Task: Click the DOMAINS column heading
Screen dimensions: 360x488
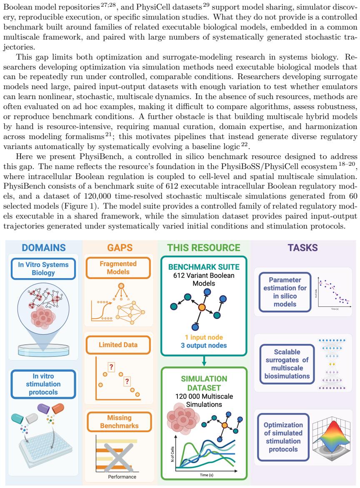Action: coord(44,248)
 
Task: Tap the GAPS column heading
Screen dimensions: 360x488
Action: coord(120,248)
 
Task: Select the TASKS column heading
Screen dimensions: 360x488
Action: coord(302,248)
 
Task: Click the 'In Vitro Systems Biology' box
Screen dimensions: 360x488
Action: coord(43,269)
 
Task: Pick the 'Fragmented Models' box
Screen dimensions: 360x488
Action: coord(118,268)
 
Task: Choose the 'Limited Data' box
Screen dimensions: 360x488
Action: coord(118,345)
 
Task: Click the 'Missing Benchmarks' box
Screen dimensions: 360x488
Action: coord(119,422)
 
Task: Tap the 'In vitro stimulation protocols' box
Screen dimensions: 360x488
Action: coord(43,384)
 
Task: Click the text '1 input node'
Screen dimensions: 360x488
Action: coord(204,337)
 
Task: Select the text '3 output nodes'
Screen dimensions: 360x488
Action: coord(204,346)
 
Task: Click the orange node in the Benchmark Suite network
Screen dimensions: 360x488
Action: coord(202,307)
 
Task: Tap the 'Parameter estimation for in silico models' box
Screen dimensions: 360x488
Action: coord(285,292)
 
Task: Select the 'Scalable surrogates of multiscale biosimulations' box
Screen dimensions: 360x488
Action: coord(287,364)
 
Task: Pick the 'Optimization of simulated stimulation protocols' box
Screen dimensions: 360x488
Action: coord(283,437)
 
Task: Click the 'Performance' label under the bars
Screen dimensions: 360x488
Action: coord(122,477)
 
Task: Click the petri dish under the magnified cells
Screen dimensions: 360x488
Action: coord(43,350)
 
